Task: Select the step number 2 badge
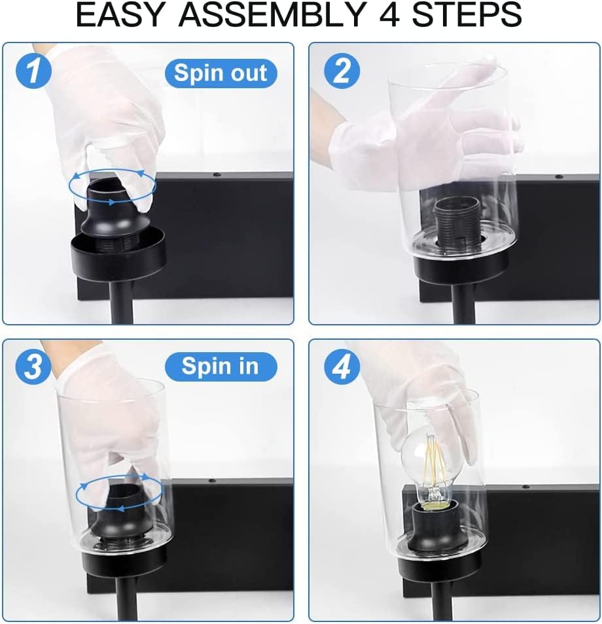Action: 341,73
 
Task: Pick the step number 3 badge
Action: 31,367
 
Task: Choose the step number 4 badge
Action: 341,369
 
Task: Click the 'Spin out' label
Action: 221,73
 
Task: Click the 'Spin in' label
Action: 220,367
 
